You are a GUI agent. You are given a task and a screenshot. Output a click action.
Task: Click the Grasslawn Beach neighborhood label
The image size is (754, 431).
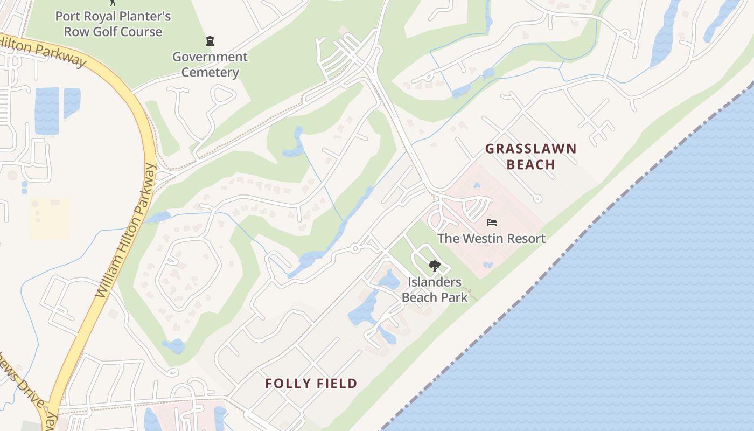(530, 156)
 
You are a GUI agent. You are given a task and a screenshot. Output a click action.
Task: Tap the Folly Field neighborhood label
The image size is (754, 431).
(311, 384)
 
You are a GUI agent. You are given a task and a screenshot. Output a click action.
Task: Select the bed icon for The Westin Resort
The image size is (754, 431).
(491, 222)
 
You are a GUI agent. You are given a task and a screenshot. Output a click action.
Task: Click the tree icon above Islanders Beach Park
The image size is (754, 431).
(434, 266)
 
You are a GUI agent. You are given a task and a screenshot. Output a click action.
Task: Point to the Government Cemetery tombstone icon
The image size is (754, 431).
(210, 41)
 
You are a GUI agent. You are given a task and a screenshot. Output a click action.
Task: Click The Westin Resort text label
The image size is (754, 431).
(491, 238)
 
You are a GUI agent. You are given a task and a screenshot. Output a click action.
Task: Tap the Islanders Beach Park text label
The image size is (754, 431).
(435, 289)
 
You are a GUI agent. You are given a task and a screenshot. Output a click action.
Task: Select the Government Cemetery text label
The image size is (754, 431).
(210, 65)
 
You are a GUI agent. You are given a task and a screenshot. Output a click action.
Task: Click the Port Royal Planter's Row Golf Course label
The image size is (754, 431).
(113, 24)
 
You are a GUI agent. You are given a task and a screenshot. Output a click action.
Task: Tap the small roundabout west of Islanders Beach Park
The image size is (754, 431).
(355, 248)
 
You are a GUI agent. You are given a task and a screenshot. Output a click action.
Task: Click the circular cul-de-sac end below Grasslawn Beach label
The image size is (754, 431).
(537, 199)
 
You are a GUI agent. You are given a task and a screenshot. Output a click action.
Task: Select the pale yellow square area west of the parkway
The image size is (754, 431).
(50, 219)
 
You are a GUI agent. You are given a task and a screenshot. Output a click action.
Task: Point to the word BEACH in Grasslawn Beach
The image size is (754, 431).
(531, 164)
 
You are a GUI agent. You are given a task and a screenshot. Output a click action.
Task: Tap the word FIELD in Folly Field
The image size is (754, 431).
(336, 384)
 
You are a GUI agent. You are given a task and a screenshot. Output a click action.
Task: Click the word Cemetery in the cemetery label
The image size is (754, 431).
(210, 72)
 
